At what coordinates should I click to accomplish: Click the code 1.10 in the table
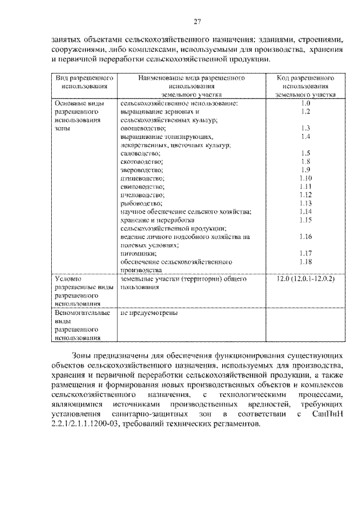(x=305, y=178)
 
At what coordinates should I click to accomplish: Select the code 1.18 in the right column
(x=305, y=262)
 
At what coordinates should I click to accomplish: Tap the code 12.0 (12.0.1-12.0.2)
(x=305, y=278)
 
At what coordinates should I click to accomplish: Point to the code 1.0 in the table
(x=305, y=103)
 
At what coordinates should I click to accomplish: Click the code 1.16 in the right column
(x=305, y=236)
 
